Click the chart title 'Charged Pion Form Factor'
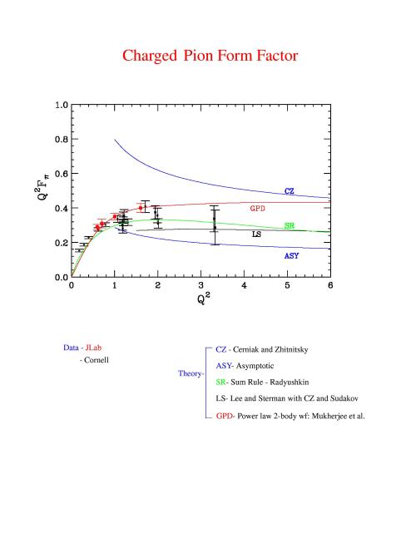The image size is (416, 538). (x=210, y=56)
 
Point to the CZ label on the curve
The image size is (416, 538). (x=290, y=191)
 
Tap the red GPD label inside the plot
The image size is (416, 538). (x=257, y=208)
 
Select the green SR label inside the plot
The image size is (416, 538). (x=290, y=226)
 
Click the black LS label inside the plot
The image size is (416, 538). (x=256, y=234)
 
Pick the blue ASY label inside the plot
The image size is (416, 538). (x=291, y=256)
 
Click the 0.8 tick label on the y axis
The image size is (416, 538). (x=62, y=140)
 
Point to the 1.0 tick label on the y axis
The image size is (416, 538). (x=62, y=105)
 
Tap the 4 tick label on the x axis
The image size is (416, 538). (x=244, y=285)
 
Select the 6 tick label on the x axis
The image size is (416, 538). (x=330, y=285)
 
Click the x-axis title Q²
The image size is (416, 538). (x=203, y=299)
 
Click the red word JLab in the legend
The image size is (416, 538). (x=93, y=348)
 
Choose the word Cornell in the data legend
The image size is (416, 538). (x=97, y=360)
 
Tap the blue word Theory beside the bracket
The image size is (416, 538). (x=190, y=373)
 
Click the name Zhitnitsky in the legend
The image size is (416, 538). (x=291, y=349)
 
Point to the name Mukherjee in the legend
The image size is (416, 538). (x=329, y=417)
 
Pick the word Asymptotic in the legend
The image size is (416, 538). (x=255, y=366)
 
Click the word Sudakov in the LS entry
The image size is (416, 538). (x=344, y=398)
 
